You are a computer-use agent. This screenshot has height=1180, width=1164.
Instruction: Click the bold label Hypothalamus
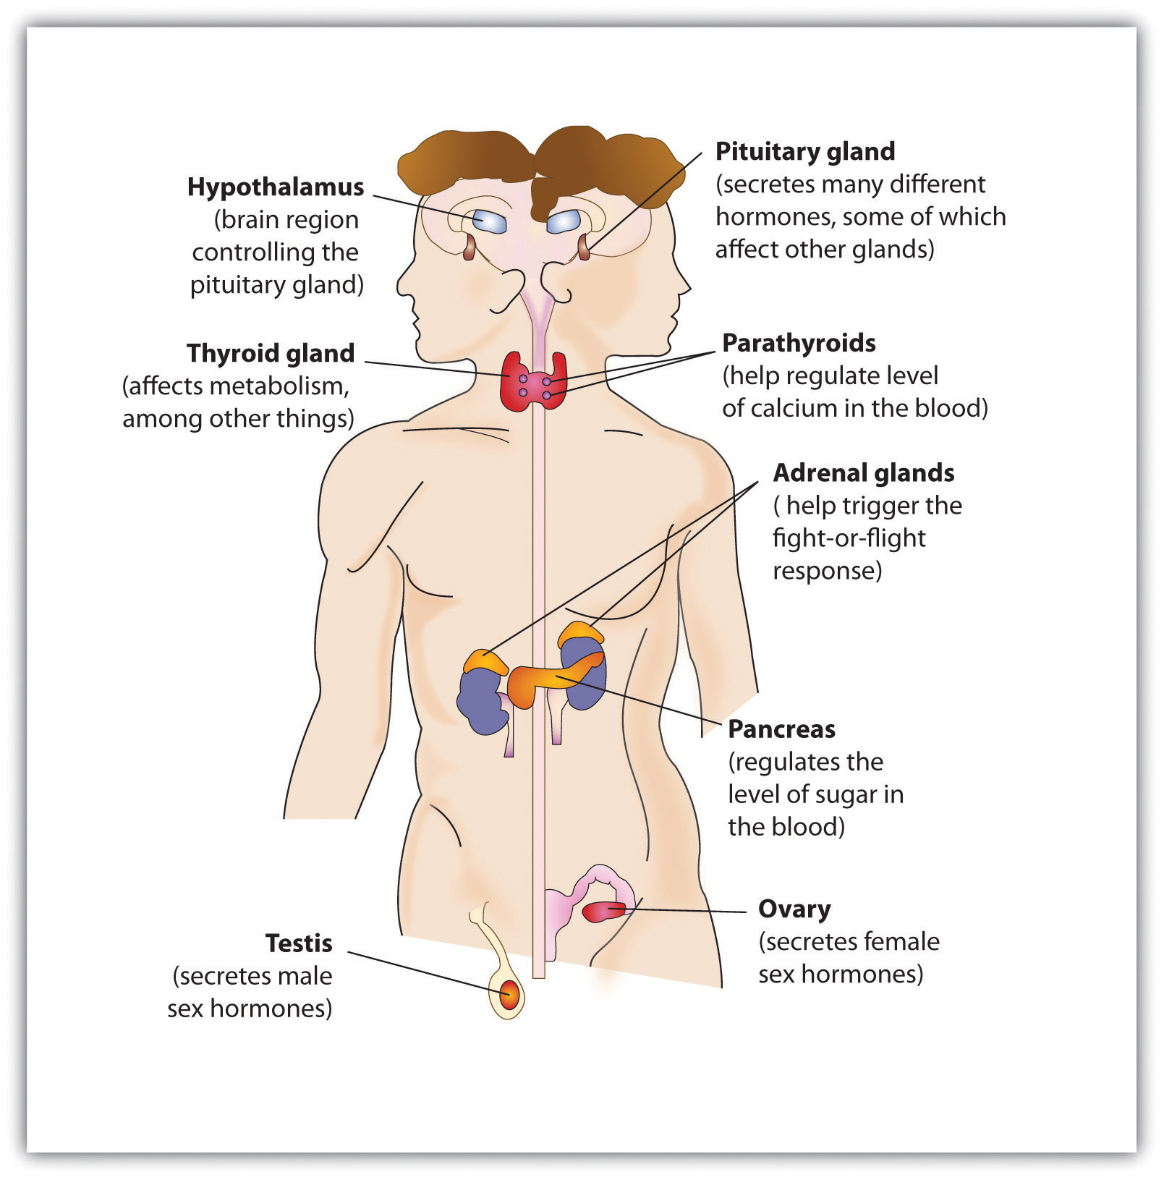[275, 187]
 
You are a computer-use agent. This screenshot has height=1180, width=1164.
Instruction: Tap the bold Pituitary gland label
[804, 151]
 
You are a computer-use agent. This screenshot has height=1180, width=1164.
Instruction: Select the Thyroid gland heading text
[271, 353]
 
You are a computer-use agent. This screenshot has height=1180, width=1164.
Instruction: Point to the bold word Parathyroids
[799, 342]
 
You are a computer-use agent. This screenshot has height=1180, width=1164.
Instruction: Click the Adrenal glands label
[863, 472]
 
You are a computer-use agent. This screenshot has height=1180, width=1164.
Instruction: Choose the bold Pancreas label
[781, 729]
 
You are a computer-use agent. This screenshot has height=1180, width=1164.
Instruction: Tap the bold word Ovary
[794, 908]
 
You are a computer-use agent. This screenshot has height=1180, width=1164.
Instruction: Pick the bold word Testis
[298, 943]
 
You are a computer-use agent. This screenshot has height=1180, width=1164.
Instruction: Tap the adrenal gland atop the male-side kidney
[485, 661]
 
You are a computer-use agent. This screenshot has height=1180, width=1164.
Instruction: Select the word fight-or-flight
[849, 538]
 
